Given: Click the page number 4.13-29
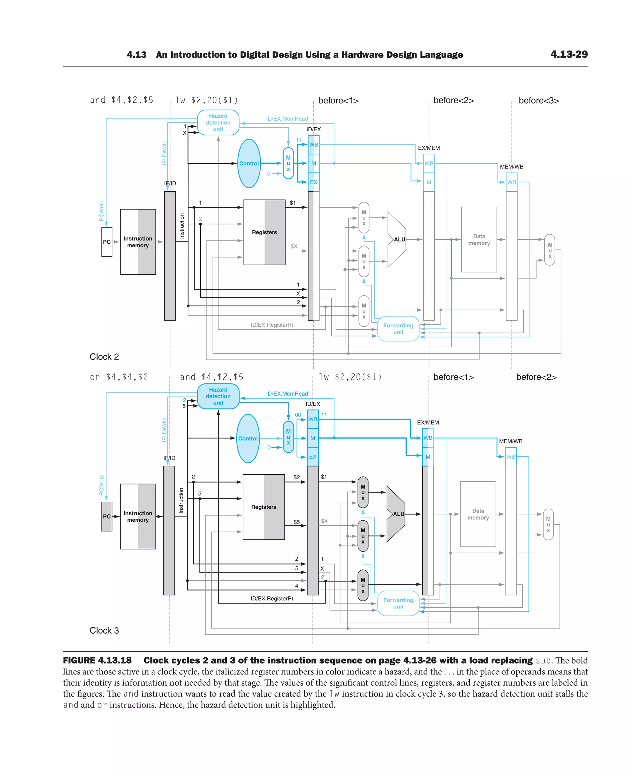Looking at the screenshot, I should [x=569, y=54].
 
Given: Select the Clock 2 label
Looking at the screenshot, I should [x=104, y=357].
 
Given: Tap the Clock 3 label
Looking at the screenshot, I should [x=104, y=630].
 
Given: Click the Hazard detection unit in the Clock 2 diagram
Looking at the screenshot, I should [x=218, y=123].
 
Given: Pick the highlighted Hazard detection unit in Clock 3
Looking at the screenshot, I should [x=218, y=396].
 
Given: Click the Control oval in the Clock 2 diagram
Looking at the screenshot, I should [x=249, y=163].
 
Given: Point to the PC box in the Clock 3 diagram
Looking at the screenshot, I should [x=107, y=516].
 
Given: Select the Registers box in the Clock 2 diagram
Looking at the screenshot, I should [x=264, y=232].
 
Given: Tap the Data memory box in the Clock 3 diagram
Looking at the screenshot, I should [x=478, y=514].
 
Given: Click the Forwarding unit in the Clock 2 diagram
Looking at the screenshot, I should [x=398, y=329].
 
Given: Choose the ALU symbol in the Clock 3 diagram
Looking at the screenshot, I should [x=396, y=514].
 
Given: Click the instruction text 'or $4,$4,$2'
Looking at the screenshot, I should [x=119, y=377].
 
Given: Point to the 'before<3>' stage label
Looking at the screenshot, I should [x=539, y=101].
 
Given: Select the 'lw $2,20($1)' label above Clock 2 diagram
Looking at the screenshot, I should [x=206, y=100].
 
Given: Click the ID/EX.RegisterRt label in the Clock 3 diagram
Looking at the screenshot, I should [x=272, y=599].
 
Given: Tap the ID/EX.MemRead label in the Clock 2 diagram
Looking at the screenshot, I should [x=287, y=119].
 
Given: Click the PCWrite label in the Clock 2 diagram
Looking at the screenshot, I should [x=102, y=210].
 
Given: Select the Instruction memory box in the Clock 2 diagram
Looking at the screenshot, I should [x=138, y=242].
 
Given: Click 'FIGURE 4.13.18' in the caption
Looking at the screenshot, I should [x=97, y=660].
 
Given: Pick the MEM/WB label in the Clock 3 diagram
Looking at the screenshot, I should [x=511, y=441].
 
